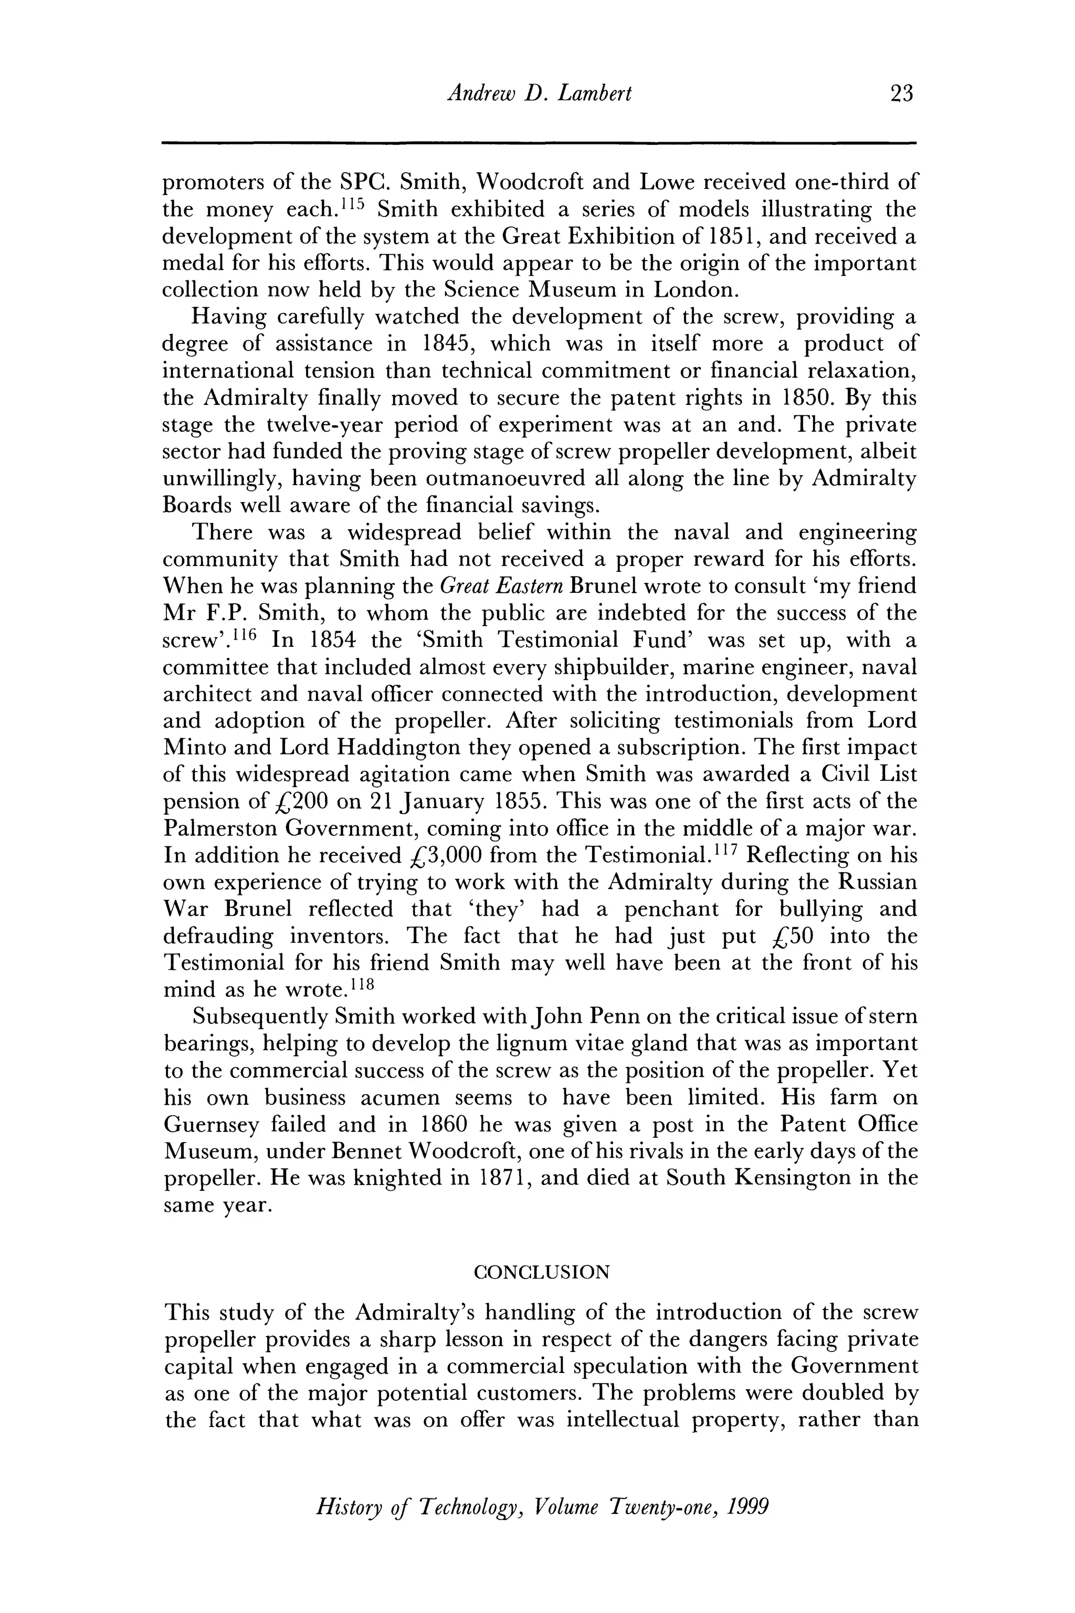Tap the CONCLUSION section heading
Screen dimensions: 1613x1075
(x=542, y=1272)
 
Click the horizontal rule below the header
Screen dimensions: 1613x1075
(x=538, y=143)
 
